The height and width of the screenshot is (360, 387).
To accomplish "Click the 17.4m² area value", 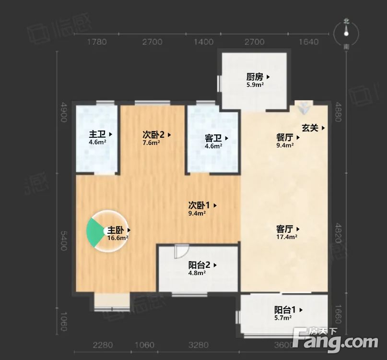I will point(287,237).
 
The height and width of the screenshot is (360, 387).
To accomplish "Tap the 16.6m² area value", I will point(117,238).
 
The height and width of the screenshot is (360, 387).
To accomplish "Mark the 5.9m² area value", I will point(255,85).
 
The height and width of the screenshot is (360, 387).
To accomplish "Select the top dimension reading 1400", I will point(204,42).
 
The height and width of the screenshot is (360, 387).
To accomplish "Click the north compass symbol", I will point(346,32).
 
